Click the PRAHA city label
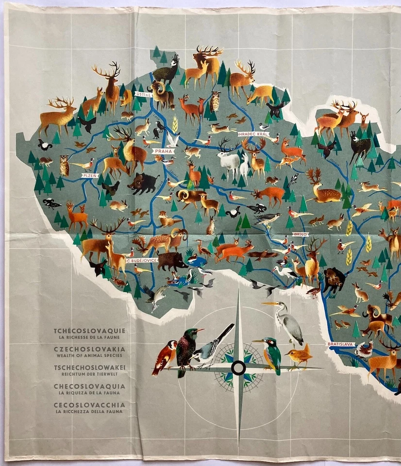(163, 151)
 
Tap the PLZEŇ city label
(90, 176)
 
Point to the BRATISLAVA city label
(340, 344)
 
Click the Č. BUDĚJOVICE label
(142, 261)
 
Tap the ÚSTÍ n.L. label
(144, 95)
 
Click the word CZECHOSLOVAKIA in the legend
(89, 349)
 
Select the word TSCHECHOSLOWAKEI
(89, 367)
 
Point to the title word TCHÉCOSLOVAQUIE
(89, 331)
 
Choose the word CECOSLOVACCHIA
(89, 404)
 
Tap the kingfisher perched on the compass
(271, 353)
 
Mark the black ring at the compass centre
(238, 367)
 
